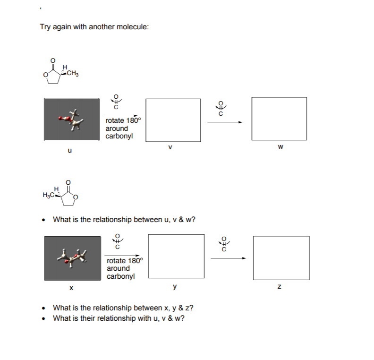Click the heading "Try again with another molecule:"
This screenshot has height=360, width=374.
click(94, 27)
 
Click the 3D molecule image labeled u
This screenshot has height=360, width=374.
click(71, 120)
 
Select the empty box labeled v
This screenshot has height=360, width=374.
click(173, 120)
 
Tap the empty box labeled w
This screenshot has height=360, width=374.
click(279, 120)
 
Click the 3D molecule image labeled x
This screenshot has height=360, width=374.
click(72, 258)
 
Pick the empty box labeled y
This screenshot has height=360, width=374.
click(176, 257)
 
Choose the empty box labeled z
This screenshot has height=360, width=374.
click(281, 258)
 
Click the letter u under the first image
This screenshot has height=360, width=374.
click(70, 151)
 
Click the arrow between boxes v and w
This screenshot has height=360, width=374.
click(224, 122)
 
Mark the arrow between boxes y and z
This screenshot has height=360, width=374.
click(229, 258)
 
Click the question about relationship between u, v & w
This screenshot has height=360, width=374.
click(124, 219)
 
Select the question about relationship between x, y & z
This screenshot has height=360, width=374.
click(123, 308)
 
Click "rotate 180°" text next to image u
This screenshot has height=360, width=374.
click(123, 120)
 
